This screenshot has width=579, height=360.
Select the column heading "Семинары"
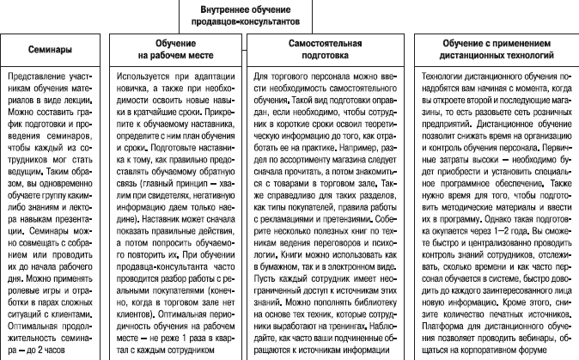(48, 50)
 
